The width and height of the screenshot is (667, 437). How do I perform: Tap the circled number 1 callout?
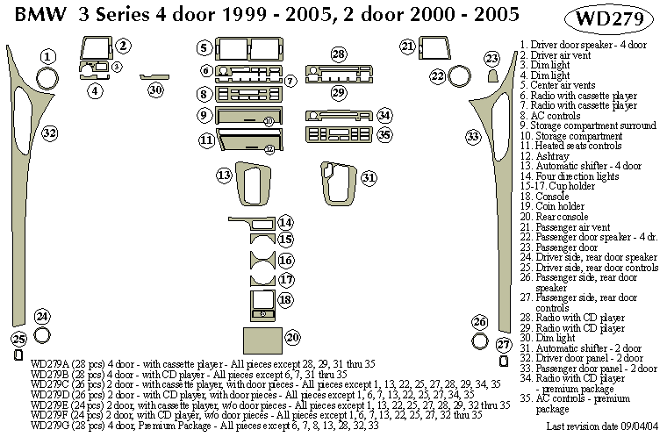[x=47, y=57]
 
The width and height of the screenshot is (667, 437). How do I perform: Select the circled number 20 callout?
[x=293, y=338]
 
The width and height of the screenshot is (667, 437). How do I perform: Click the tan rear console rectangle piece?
[x=259, y=338]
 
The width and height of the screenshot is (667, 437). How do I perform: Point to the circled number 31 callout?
[x=369, y=177]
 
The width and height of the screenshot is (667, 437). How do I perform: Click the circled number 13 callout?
[x=226, y=176]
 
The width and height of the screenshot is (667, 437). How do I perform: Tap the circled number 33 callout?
[x=473, y=137]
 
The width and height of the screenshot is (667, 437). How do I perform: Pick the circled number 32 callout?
[x=50, y=133]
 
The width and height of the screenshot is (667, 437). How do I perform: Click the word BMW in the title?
[x=36, y=17]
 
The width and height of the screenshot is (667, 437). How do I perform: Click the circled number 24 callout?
[x=42, y=316]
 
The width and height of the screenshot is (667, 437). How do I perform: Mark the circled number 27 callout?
[x=503, y=344]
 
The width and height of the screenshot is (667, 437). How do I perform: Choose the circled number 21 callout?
[x=407, y=46]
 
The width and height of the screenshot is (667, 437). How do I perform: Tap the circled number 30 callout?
[x=155, y=90]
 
